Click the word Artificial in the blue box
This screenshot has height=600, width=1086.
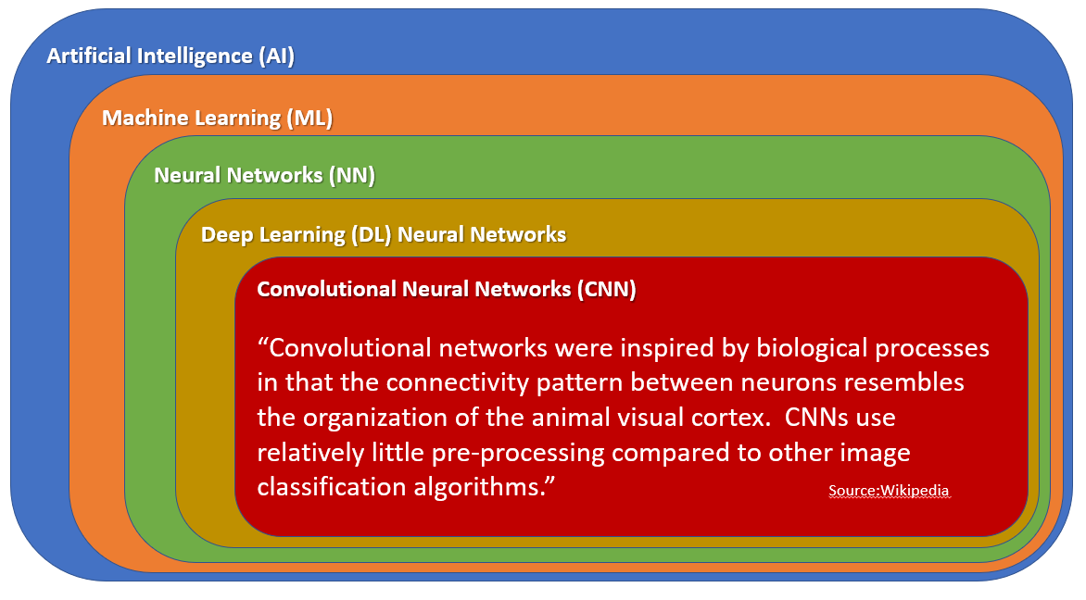click(89, 56)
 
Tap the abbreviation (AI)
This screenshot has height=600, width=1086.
click(276, 56)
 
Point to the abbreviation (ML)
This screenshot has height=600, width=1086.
click(309, 119)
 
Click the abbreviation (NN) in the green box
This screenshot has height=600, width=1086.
click(352, 175)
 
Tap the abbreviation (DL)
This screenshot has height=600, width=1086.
click(373, 234)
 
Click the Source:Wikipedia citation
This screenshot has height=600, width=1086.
click(889, 490)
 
